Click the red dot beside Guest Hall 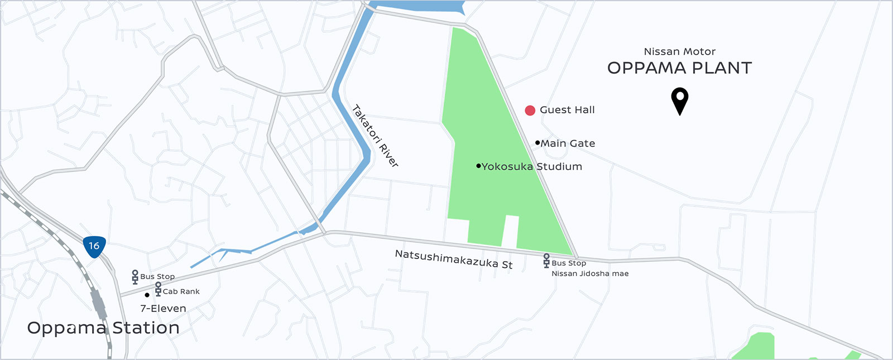coord(530,111)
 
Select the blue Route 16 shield coord(94,247)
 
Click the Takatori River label coord(376,136)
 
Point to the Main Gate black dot coord(537,143)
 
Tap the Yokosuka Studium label coord(532,166)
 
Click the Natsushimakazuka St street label coord(453,259)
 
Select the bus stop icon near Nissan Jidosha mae coord(546,261)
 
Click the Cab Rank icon coord(158,289)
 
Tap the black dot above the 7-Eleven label coord(147,295)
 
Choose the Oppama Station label coord(103,328)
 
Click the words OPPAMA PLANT coord(679,68)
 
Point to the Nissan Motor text coord(679,51)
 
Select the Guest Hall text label coord(567,110)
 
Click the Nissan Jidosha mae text coord(590,273)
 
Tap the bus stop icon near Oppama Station coord(135,277)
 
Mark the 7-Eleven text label coord(163,309)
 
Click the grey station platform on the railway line coord(98,305)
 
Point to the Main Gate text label coord(568,143)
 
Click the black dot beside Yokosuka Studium coord(478,166)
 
